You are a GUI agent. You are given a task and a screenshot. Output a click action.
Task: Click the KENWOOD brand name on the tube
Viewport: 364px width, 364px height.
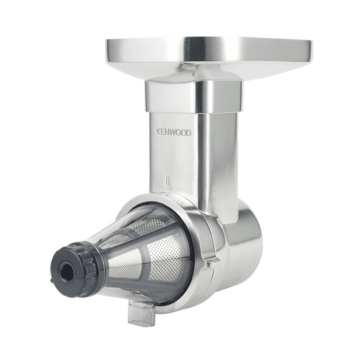[174, 132]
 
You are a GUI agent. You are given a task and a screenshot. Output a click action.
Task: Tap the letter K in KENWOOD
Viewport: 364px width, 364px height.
[158, 132]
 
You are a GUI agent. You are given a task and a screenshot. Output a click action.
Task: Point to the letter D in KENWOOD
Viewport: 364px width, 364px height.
[189, 133]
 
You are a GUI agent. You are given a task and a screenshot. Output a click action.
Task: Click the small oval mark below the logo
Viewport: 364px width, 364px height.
[167, 181]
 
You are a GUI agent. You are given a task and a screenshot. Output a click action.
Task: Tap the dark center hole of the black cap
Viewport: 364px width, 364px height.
[67, 271]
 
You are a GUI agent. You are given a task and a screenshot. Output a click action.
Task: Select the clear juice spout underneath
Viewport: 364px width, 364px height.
[141, 310]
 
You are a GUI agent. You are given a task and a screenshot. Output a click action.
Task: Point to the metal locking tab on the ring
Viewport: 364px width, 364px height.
[211, 263]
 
